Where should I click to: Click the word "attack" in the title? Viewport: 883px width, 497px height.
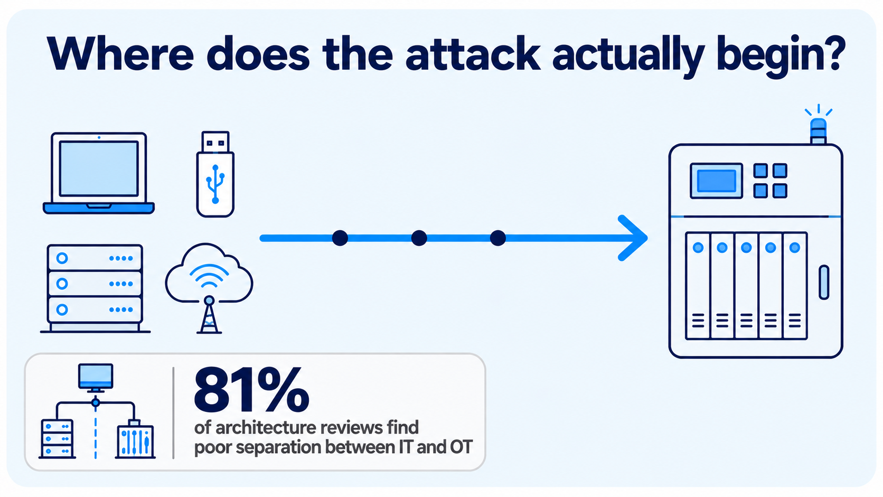point(472,54)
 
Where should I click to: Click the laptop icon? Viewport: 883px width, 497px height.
point(99,173)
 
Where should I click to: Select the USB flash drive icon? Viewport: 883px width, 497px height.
point(215,174)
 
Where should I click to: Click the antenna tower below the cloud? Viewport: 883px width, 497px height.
point(209,315)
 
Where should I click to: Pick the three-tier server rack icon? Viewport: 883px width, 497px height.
point(95,288)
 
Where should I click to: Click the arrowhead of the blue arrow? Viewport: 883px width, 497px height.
point(633,238)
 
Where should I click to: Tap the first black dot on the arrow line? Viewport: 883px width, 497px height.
point(340,238)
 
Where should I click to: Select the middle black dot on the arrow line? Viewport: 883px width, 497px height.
point(419,238)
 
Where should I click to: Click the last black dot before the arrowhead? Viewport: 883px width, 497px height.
point(497,238)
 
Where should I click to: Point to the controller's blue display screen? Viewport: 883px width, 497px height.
point(716,181)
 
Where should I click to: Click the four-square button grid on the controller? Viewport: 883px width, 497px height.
point(771,181)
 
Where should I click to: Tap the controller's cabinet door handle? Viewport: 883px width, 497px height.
point(824,282)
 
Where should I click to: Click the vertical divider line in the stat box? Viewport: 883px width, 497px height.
point(173,413)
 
